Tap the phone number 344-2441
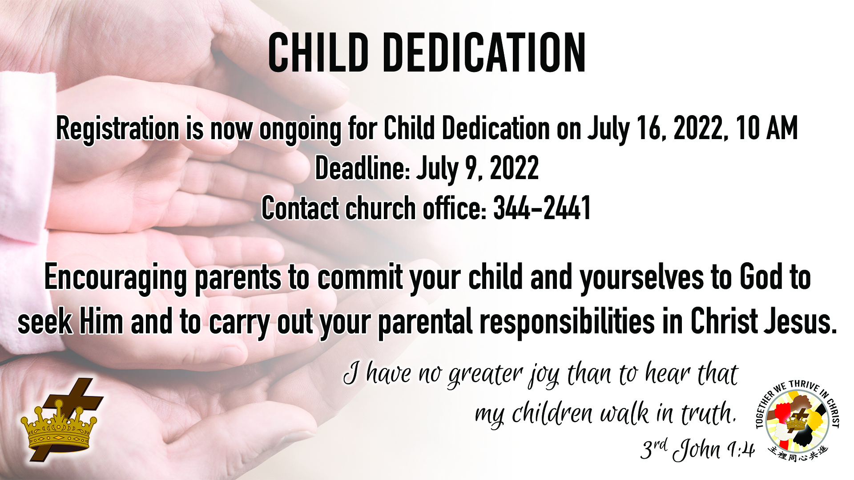[x=542, y=208]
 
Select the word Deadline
[x=362, y=168]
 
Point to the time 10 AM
[x=766, y=128]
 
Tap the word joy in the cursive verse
[x=544, y=376]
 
